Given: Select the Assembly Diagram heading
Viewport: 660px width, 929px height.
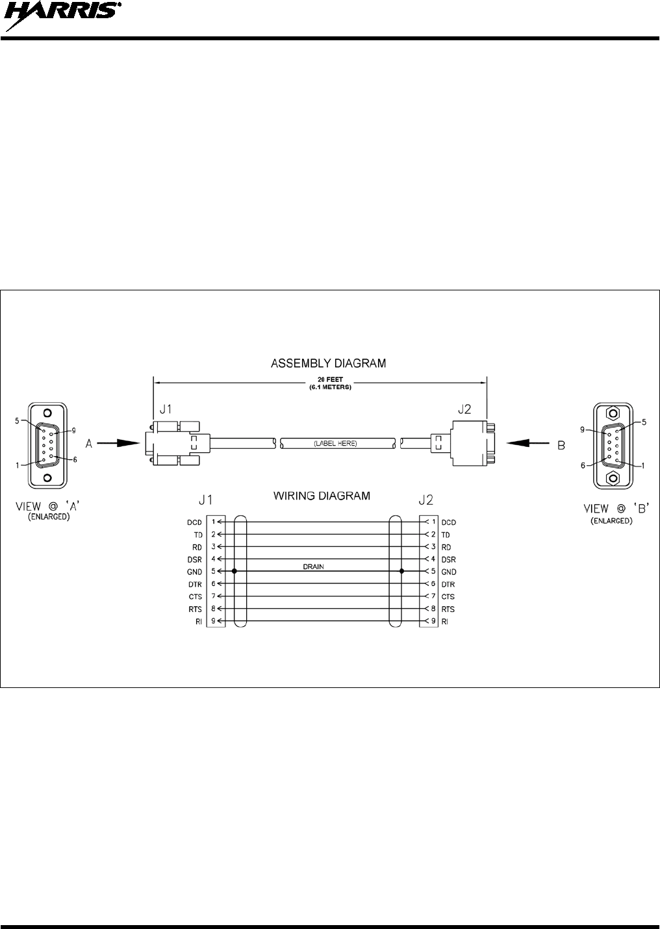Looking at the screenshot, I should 328,363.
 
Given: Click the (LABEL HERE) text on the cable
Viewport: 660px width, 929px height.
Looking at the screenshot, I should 335,443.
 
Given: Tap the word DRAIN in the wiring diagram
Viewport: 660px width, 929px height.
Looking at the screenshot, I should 313,566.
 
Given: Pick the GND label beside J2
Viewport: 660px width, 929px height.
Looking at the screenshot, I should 448,572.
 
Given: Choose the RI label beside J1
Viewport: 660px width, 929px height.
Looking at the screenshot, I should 199,622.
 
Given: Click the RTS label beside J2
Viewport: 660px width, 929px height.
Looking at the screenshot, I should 448,609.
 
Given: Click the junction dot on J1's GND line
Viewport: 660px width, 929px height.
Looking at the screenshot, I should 234,572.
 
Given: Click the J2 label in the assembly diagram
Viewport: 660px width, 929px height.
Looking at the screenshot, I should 465,411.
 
